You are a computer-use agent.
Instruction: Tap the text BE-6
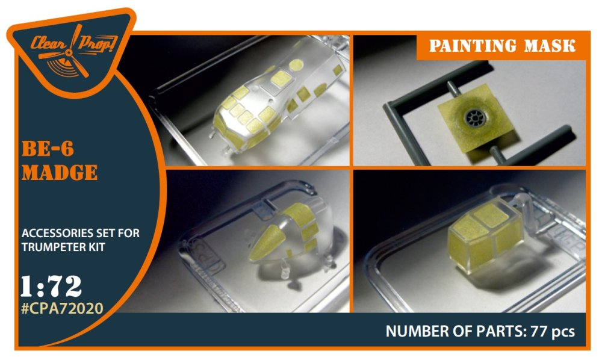coord(48,149)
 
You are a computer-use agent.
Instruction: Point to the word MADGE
coord(60,172)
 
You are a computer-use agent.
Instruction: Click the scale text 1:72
coord(51,287)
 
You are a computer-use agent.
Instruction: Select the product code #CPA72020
coord(62,308)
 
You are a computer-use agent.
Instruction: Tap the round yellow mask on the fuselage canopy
coord(296,65)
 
